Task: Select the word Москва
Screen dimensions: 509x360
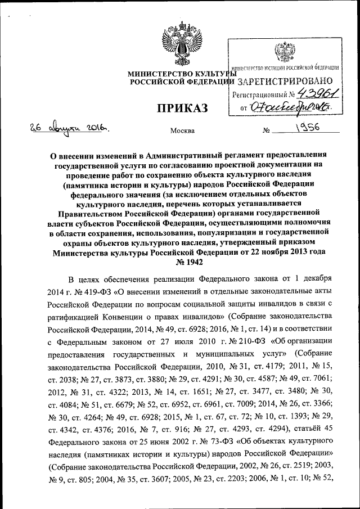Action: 182,131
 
